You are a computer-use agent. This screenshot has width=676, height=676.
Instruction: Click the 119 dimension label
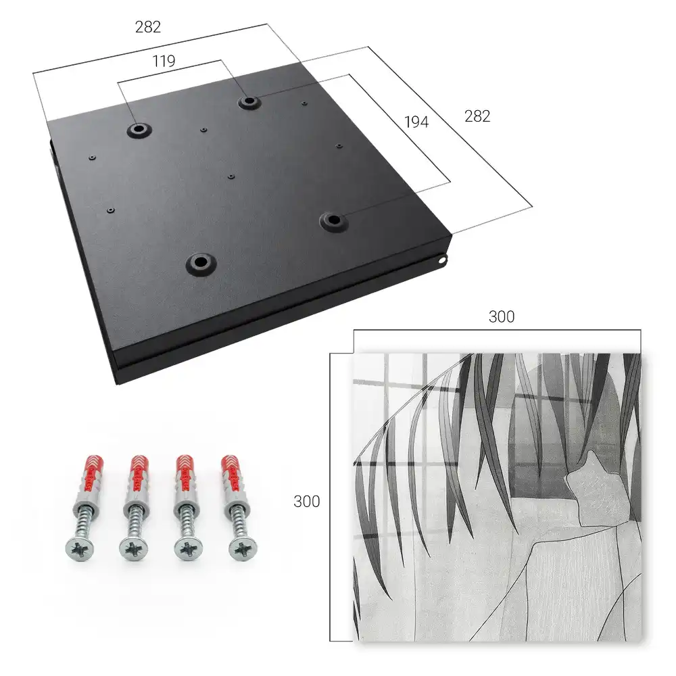pyautogui.click(x=164, y=62)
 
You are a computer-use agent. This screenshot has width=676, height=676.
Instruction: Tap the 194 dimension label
pyautogui.click(x=416, y=122)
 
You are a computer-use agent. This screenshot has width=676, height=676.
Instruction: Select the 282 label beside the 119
pyautogui.click(x=148, y=27)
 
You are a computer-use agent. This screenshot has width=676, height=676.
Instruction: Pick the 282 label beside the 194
pyautogui.click(x=477, y=116)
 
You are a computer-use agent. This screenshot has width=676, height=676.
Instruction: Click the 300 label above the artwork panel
pyautogui.click(x=502, y=317)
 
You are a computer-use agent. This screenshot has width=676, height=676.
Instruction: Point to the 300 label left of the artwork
pyautogui.click(x=306, y=502)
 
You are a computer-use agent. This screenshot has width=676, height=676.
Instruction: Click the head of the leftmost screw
pyautogui.click(x=80, y=549)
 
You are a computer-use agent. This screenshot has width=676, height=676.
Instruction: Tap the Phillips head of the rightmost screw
pyautogui.click(x=243, y=549)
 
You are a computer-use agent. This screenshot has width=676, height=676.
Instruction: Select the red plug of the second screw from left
pyautogui.click(x=139, y=473)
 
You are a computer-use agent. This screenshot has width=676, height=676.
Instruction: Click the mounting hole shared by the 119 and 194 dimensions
pyautogui.click(x=248, y=102)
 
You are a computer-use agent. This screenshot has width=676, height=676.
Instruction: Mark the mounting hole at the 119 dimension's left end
pyautogui.click(x=139, y=129)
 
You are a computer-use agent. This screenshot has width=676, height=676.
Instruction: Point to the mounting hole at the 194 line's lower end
pyautogui.click(x=333, y=221)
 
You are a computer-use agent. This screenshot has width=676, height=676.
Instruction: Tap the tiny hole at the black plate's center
pyautogui.click(x=231, y=176)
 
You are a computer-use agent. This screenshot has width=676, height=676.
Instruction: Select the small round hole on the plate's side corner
pyautogui.click(x=442, y=260)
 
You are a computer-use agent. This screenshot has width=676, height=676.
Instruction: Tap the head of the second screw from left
pyautogui.click(x=133, y=549)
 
